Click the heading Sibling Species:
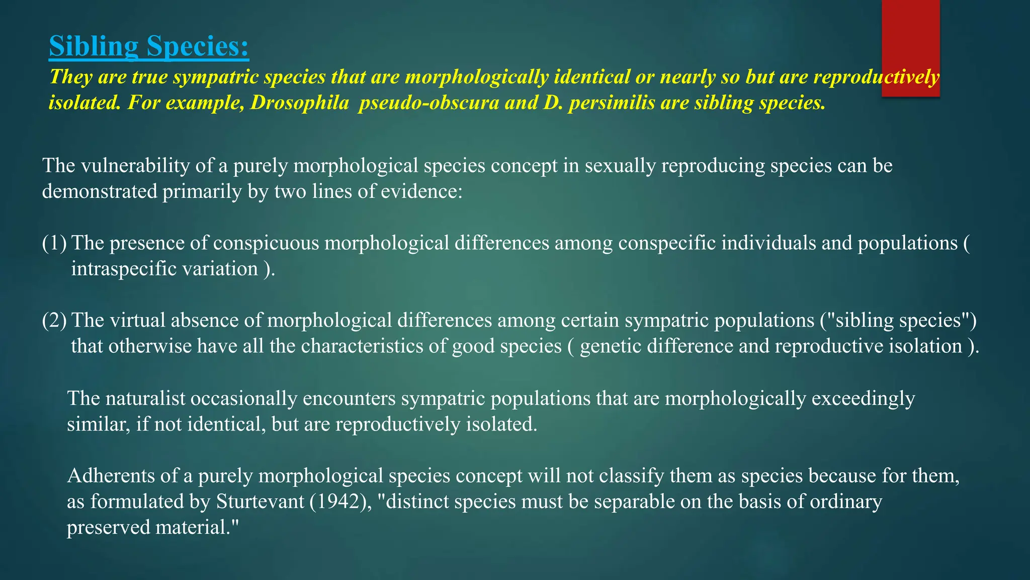(149, 46)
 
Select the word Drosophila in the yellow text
(300, 103)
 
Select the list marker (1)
(54, 243)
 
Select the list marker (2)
(54, 321)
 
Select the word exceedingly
(863, 399)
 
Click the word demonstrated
(99, 192)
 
